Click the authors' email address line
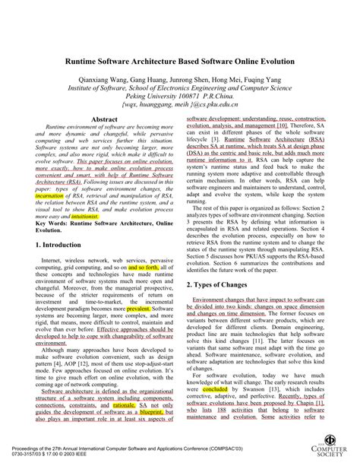pos(180,107)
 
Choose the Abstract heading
pos(104,120)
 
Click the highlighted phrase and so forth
pos(144,268)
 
